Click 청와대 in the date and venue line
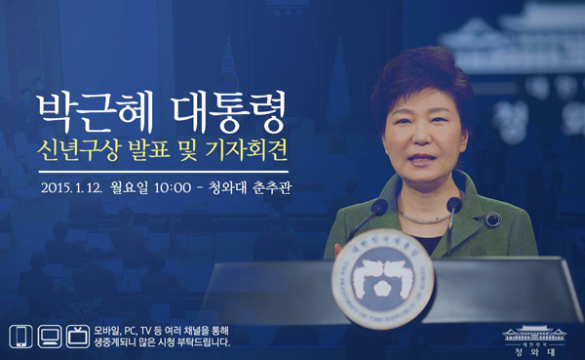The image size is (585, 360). pos(238,188)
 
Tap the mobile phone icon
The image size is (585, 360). pos(19,337)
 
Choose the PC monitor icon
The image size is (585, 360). pos(49,337)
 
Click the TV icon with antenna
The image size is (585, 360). pos(78,337)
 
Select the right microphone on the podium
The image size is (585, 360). pos(453,206)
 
